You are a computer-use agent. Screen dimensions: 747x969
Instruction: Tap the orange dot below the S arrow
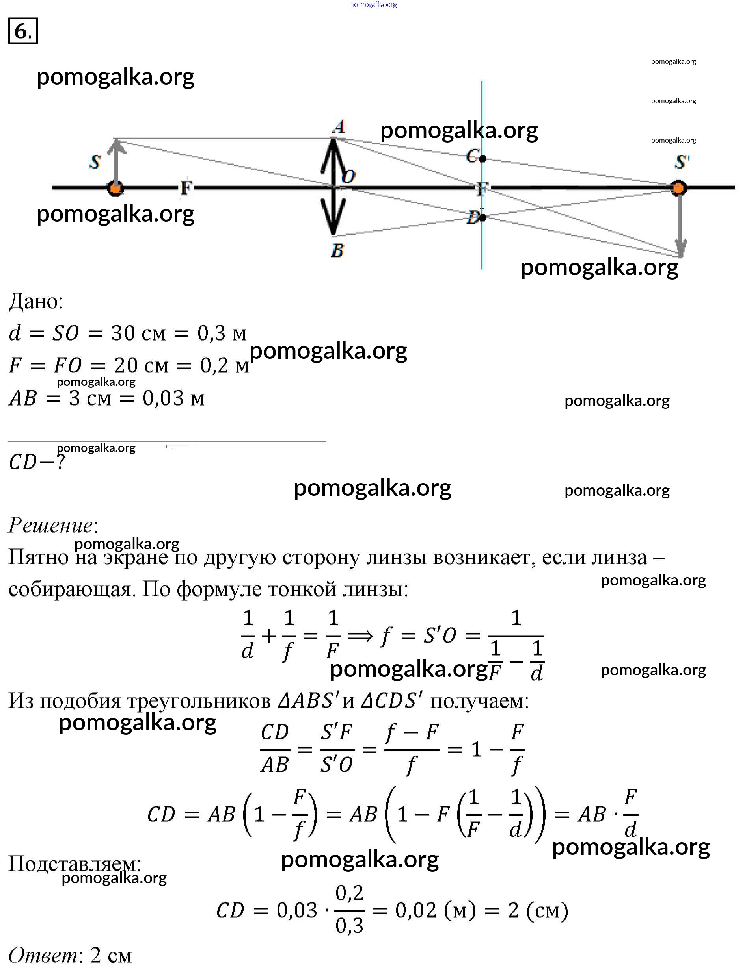115,188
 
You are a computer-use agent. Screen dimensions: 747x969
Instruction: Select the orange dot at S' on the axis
678,188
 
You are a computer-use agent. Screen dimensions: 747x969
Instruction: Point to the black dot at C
483,158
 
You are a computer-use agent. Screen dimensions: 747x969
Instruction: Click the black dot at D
483,217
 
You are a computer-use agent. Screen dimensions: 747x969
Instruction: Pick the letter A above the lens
339,127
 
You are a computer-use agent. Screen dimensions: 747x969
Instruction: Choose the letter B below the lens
337,251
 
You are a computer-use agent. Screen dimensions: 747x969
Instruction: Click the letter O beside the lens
348,176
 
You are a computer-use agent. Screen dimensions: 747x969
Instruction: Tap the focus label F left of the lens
186,188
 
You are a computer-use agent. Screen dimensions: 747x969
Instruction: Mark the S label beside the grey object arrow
95,162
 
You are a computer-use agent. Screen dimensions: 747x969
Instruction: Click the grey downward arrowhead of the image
681,248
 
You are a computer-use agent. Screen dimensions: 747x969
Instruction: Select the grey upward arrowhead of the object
116,146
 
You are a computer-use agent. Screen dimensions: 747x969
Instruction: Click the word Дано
36,302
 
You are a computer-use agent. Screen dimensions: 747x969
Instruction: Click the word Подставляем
75,863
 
